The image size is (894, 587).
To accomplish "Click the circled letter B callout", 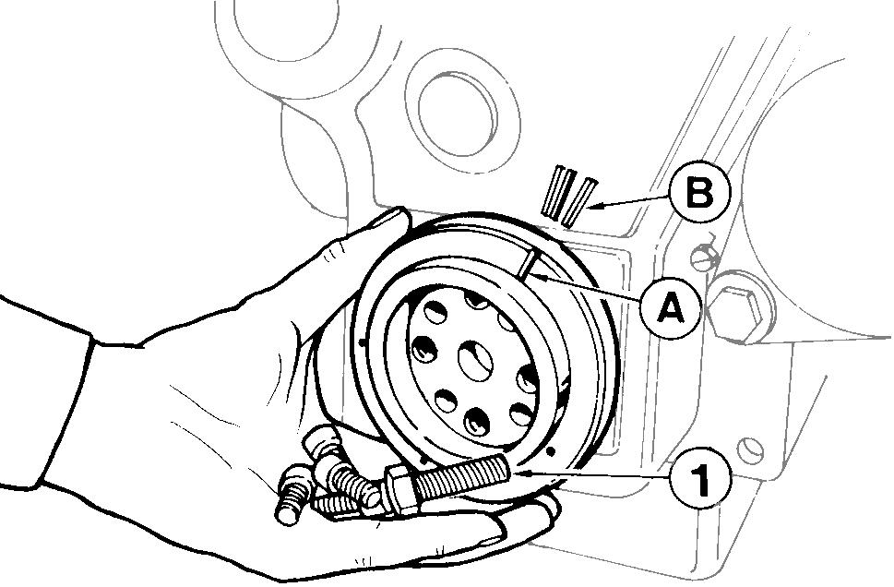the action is click(699, 195).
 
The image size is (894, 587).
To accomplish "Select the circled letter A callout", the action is click(671, 307).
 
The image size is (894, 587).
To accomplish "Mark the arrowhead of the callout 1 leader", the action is click(521, 473).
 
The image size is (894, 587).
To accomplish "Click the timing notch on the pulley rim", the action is click(530, 266).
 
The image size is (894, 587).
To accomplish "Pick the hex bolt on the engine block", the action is click(739, 303).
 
